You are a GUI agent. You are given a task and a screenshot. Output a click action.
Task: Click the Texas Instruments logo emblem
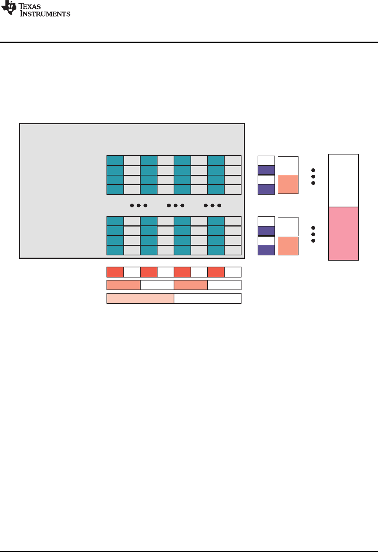tap(9, 8)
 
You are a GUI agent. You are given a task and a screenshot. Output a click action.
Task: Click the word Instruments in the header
tap(45, 14)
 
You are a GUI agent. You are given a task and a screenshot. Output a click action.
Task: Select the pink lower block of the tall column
tap(343, 234)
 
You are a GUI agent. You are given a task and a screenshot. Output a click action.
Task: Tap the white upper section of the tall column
tap(343, 180)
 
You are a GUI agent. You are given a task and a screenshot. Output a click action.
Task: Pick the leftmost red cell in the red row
tap(115, 272)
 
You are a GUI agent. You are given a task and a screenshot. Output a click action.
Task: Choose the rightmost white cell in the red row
tap(233, 272)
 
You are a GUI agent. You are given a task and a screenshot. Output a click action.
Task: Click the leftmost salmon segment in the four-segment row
tap(123, 285)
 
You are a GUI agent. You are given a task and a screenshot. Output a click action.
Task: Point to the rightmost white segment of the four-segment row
tap(224, 285)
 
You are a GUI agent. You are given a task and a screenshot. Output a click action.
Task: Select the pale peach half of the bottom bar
tap(140, 298)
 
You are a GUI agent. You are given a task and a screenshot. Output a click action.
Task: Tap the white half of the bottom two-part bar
tap(207, 298)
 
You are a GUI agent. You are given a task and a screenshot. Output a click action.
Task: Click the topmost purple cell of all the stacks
tap(266, 170)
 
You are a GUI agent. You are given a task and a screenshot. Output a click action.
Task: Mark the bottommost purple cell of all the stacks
tap(266, 250)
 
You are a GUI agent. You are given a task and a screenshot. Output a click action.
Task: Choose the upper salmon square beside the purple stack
tap(288, 184)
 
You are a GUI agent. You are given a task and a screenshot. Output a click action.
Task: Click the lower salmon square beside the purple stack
tap(288, 246)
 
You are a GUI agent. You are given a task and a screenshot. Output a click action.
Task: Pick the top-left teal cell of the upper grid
tap(115, 160)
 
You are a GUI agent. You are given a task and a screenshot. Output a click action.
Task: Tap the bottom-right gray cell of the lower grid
tap(233, 250)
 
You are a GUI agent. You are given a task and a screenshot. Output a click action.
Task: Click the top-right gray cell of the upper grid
tap(233, 160)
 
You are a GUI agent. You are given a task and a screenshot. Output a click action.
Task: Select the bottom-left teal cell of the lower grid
tap(115, 250)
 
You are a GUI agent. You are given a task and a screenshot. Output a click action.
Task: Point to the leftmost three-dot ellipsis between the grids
tap(138, 205)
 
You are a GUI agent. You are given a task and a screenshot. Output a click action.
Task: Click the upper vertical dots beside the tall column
tap(313, 177)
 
